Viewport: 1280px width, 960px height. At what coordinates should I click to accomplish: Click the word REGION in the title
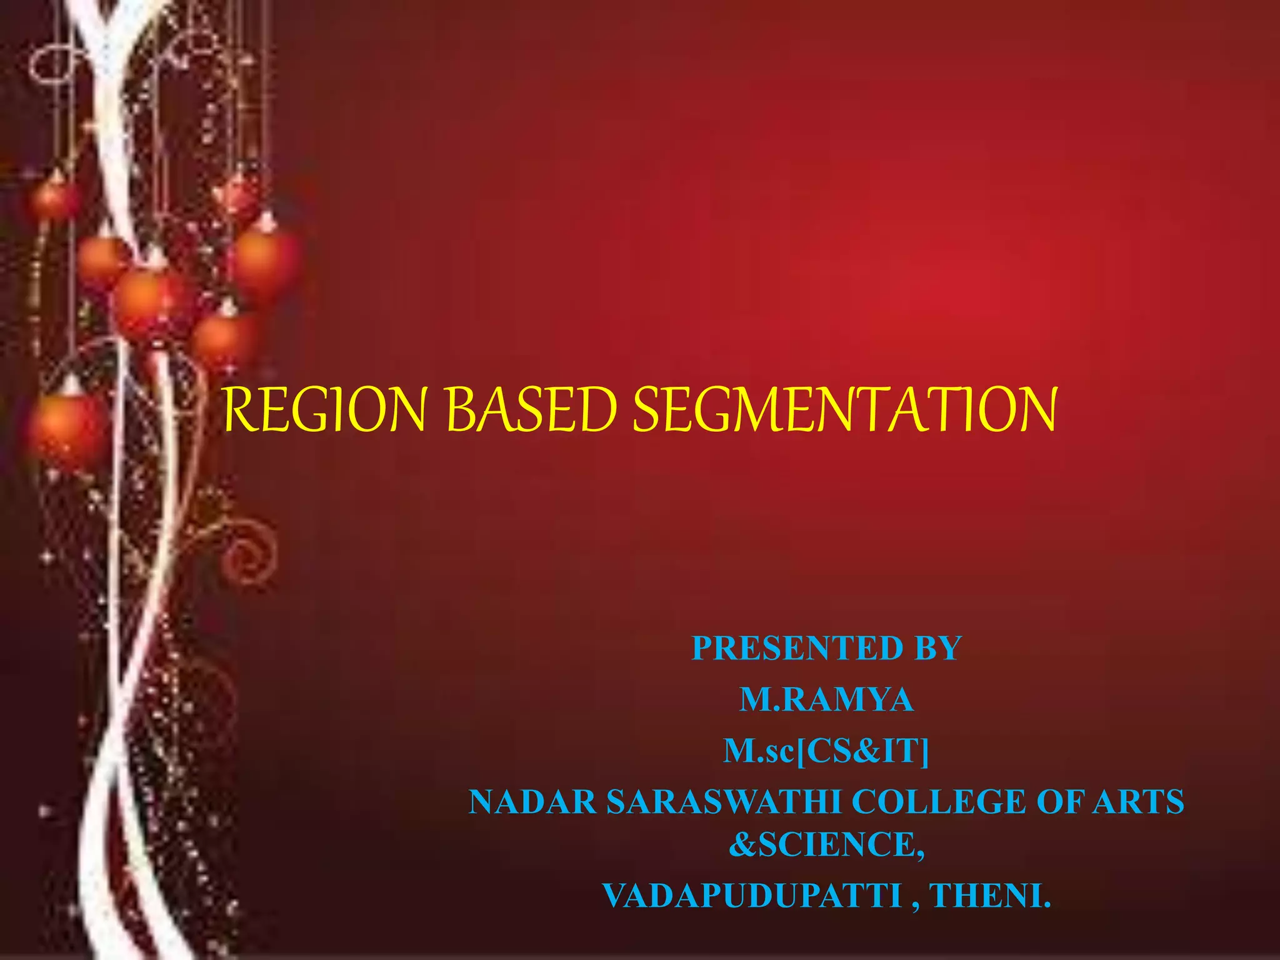[325, 409]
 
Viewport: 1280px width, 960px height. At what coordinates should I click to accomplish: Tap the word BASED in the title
[531, 409]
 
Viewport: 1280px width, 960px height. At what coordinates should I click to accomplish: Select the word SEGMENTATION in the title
[844, 409]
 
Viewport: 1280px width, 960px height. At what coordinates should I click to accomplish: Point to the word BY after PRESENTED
[938, 648]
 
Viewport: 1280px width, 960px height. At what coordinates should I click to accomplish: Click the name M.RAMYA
[826, 699]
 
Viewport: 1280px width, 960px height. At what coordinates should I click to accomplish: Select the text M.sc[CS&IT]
[826, 751]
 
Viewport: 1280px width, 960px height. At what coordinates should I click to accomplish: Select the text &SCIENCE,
[826, 844]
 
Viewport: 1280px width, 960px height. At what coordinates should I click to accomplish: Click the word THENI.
[991, 896]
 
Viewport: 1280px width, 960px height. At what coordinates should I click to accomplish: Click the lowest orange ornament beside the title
[66, 425]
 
